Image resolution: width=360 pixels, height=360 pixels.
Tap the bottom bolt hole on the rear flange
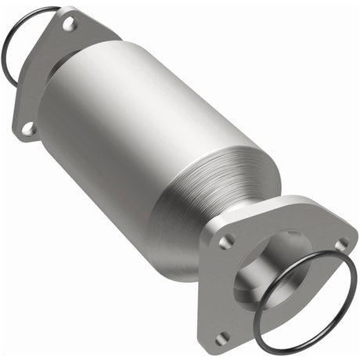[29, 127]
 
